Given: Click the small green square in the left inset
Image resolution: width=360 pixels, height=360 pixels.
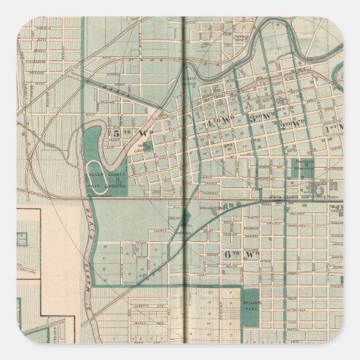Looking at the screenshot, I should (x=22, y=239).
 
